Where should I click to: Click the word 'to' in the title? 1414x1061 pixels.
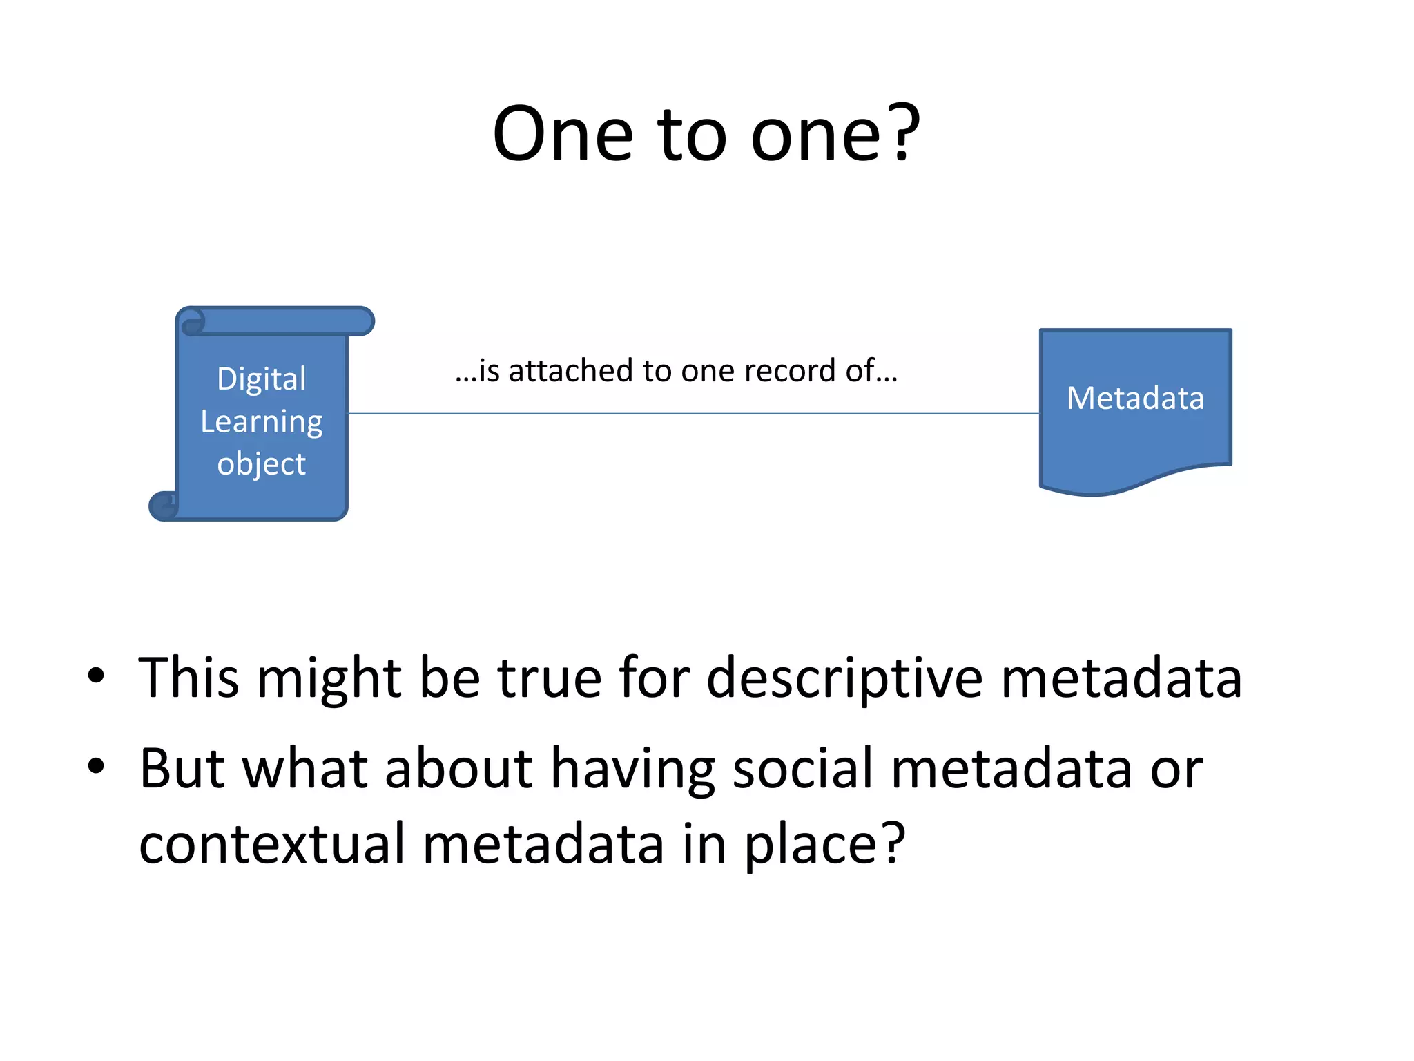[692, 135]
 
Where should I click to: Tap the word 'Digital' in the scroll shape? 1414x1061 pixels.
[261, 379]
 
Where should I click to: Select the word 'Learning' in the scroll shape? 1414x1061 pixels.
[261, 422]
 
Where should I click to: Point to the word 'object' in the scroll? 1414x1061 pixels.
[261, 464]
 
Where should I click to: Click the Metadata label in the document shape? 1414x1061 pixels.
[1135, 399]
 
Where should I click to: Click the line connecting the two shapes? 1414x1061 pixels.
[690, 414]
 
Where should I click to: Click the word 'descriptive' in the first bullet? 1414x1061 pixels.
[844, 679]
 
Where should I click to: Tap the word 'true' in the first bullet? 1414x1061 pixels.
[550, 678]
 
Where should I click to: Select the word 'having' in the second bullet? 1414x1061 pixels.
[632, 770]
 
